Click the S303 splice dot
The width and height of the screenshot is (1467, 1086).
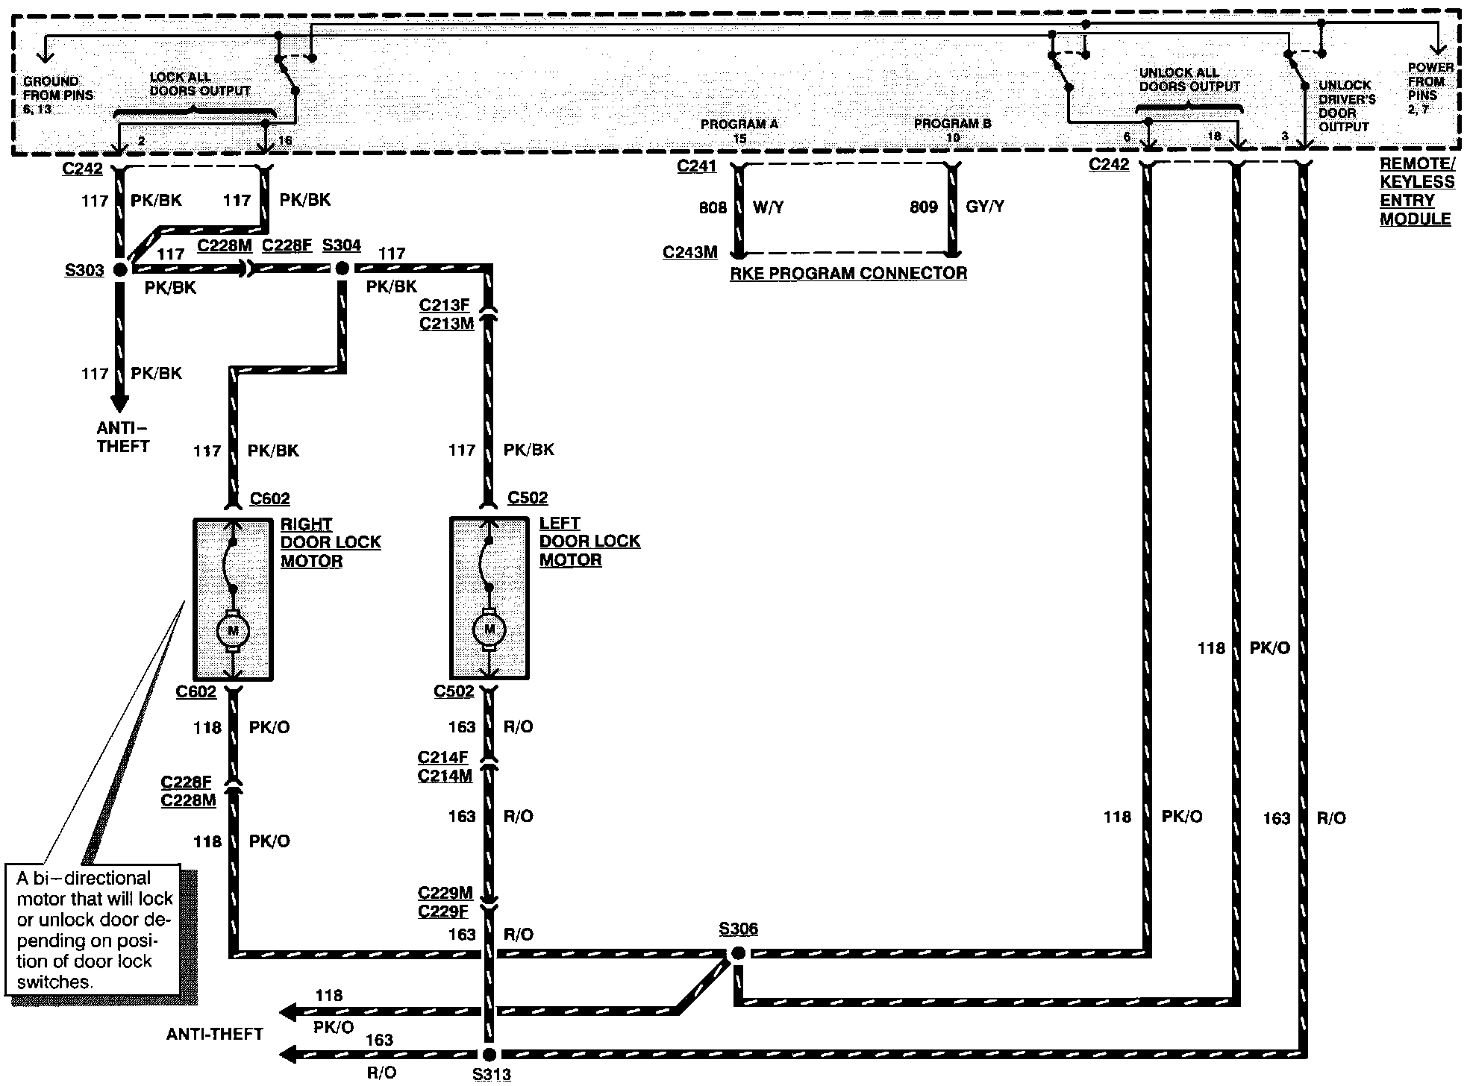pyautogui.click(x=120, y=270)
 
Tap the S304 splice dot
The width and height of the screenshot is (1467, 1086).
pyautogui.click(x=342, y=268)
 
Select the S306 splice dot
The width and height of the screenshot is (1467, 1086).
pyautogui.click(x=738, y=953)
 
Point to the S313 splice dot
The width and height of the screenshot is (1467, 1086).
pyautogui.click(x=489, y=1054)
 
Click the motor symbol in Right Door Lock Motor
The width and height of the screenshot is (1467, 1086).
pyautogui.click(x=233, y=631)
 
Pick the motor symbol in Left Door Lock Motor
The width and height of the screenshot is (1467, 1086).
pyautogui.click(x=489, y=630)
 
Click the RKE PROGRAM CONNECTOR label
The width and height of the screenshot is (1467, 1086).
pyautogui.click(x=848, y=273)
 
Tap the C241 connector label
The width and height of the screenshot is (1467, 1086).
pyautogui.click(x=697, y=166)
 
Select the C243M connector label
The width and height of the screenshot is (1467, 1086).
pyautogui.click(x=690, y=253)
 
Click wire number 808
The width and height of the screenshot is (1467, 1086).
pyautogui.click(x=713, y=207)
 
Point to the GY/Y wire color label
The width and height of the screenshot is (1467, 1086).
pyautogui.click(x=985, y=207)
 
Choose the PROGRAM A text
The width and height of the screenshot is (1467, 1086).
pyautogui.click(x=739, y=124)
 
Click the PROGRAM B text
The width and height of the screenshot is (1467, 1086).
pyautogui.click(x=953, y=123)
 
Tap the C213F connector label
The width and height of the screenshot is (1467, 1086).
pyautogui.click(x=445, y=306)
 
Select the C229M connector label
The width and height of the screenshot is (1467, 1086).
pyautogui.click(x=445, y=893)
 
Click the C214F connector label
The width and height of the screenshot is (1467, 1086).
pyautogui.click(x=443, y=758)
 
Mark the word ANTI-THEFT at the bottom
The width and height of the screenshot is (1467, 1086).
pyautogui.click(x=215, y=1034)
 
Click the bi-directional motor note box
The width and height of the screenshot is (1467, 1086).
pyautogui.click(x=93, y=929)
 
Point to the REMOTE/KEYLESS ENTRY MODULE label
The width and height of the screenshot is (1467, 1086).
pyautogui.click(x=1417, y=192)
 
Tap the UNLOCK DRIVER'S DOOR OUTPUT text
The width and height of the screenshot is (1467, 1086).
pyautogui.click(x=1347, y=106)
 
